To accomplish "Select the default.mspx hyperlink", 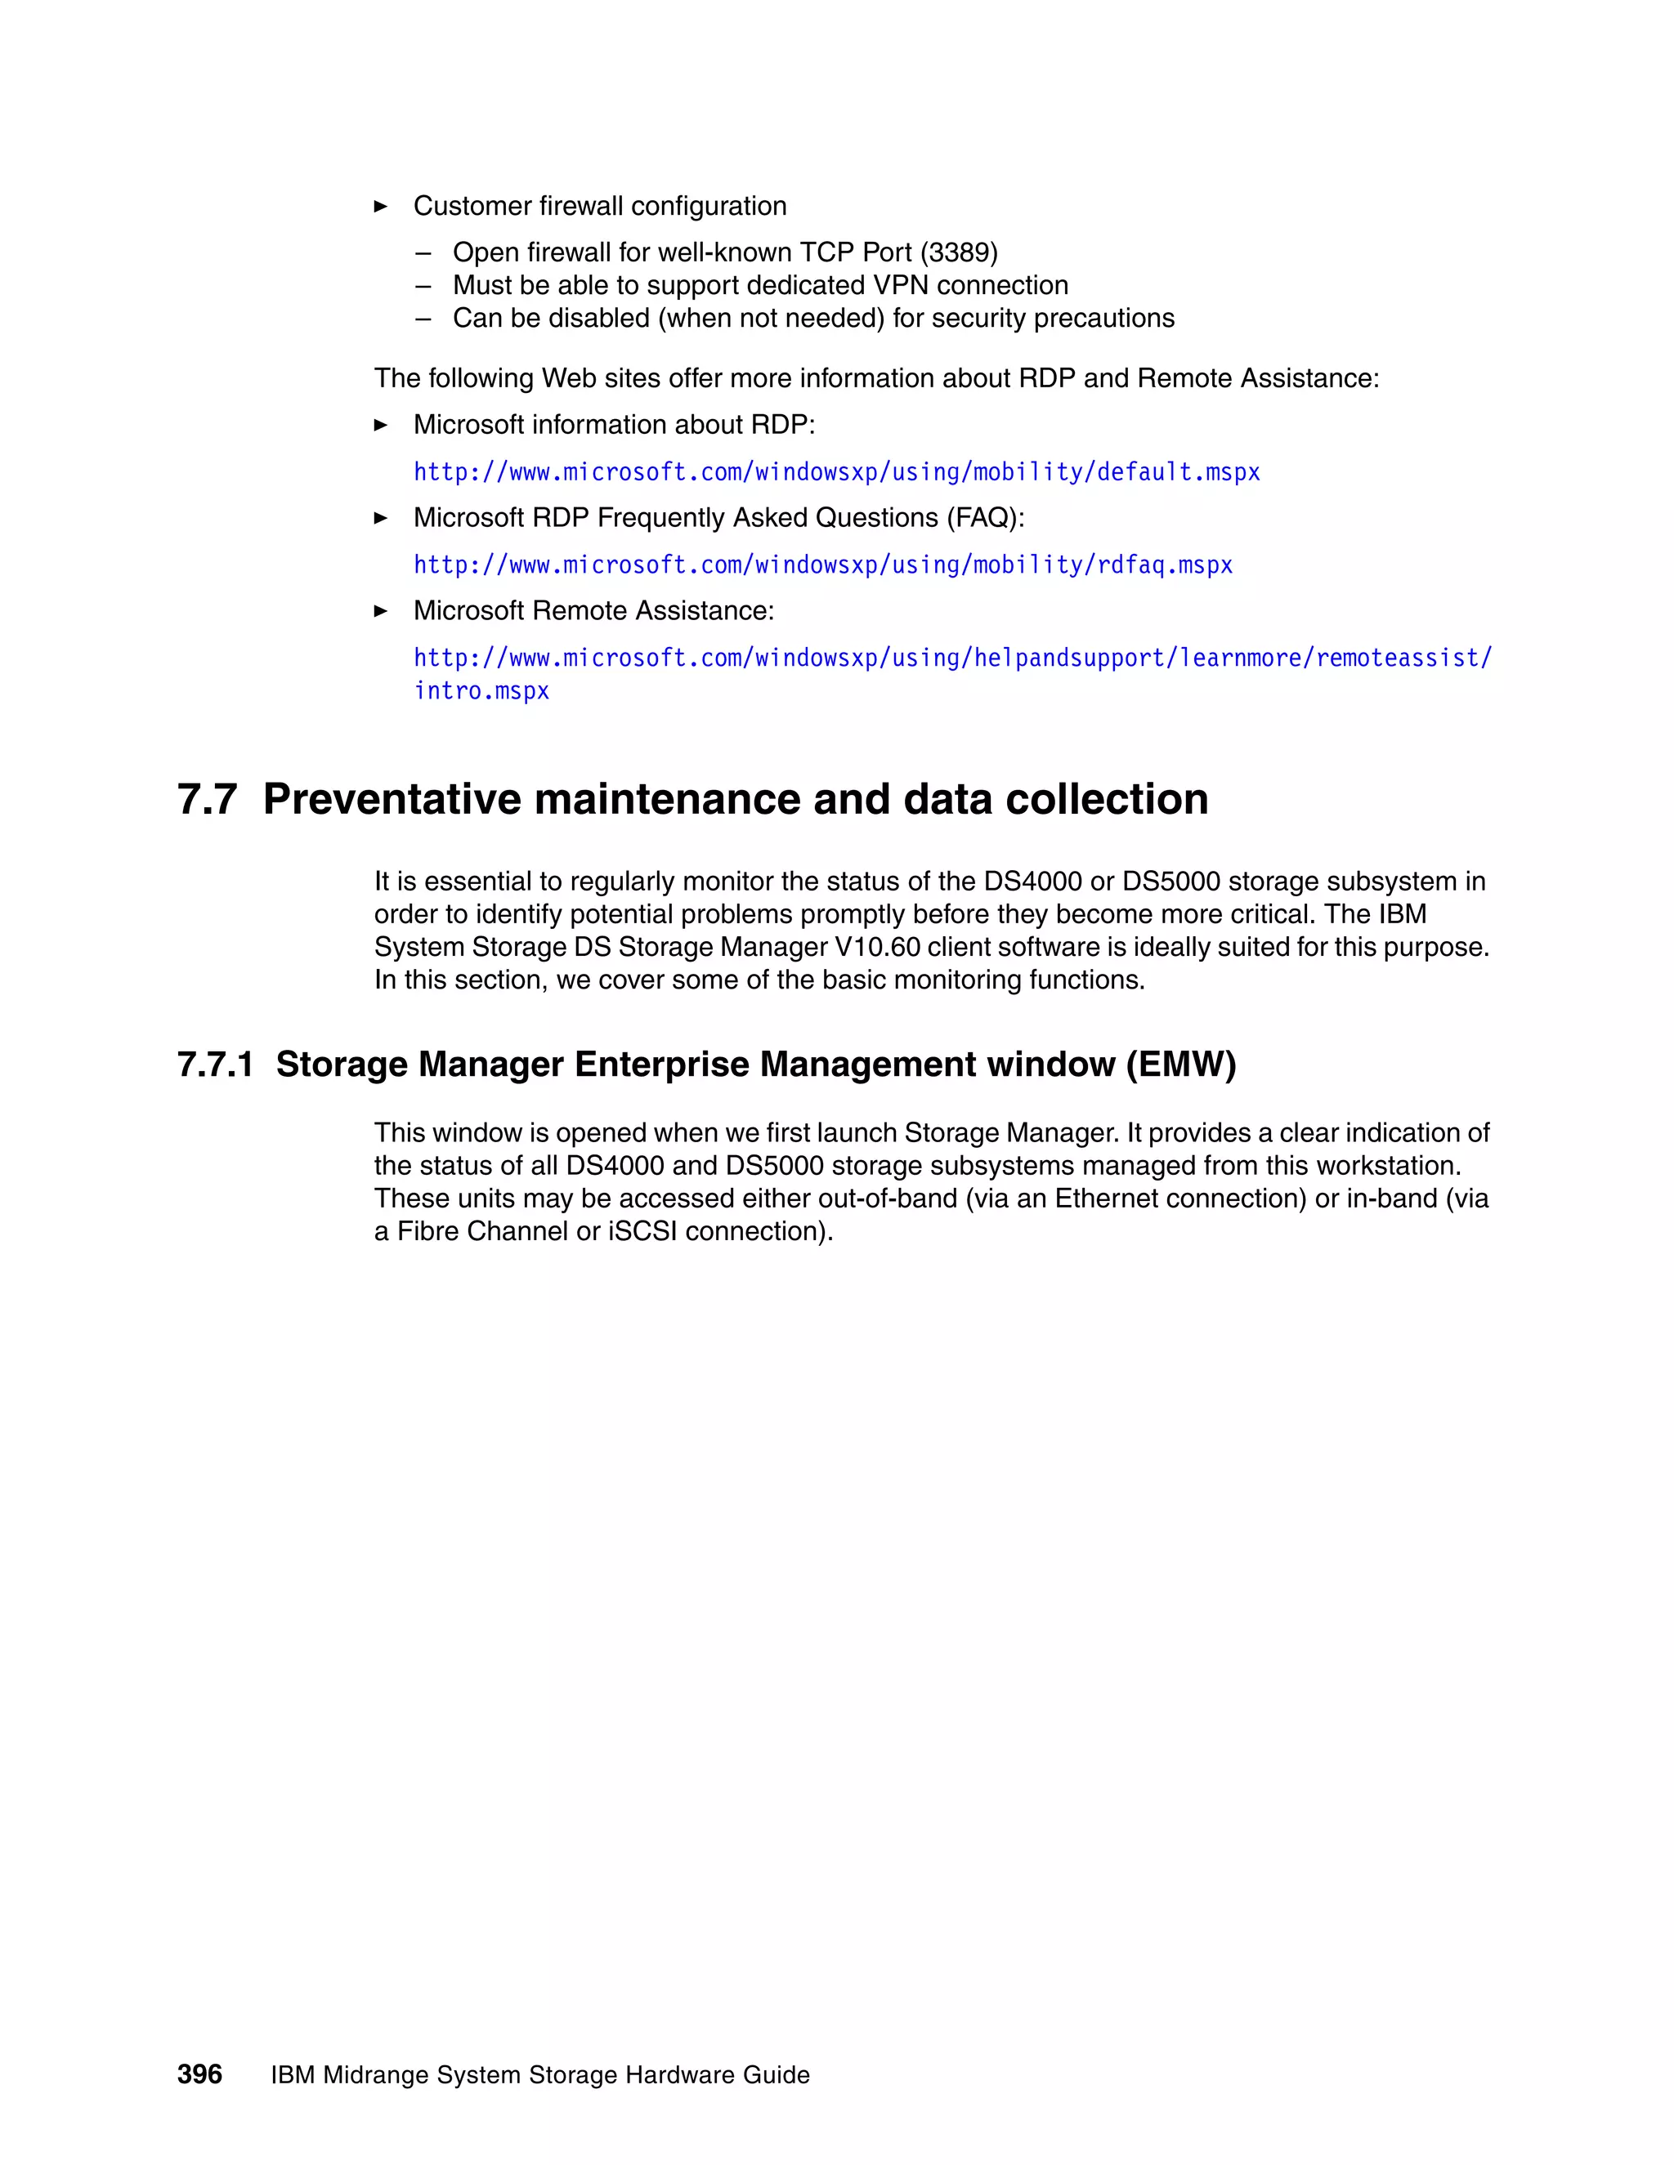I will point(836,472).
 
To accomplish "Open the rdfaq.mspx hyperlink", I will point(822,565).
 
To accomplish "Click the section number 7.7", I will point(208,799).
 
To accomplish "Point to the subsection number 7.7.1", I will point(215,1064).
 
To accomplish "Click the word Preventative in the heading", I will point(392,799).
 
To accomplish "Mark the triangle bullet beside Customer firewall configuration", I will point(381,206).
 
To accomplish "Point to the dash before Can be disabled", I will point(423,318).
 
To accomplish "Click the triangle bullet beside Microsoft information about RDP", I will point(381,426).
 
